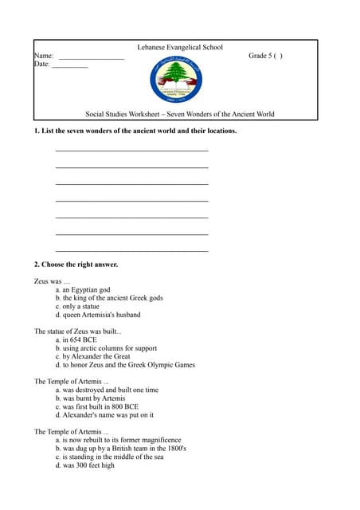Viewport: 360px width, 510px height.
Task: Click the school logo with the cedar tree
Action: coord(179,80)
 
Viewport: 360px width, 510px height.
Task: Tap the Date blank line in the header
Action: coord(69,67)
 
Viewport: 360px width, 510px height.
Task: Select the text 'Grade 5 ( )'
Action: coord(265,56)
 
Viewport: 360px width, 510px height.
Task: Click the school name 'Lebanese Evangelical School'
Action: coord(180,48)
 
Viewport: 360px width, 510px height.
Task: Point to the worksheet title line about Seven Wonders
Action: coord(180,114)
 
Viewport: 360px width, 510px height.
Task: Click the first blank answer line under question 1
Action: coord(131,151)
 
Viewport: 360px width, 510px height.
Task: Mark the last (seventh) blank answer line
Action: coord(131,251)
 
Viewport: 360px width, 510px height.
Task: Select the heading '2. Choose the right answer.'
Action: coord(76,265)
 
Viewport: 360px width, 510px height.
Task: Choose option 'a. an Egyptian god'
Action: coord(83,290)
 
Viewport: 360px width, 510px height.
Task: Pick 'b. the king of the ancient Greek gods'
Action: coord(109,298)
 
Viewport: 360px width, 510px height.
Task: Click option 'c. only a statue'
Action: coord(79,306)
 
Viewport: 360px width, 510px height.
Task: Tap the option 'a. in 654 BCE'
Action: coord(76,340)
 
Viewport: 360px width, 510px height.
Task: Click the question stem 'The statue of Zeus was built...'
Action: coord(78,331)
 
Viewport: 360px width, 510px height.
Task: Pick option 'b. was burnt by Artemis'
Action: coord(91,398)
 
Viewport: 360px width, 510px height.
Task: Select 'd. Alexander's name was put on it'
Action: coord(104,415)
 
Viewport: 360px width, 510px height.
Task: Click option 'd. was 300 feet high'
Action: coord(85,465)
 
